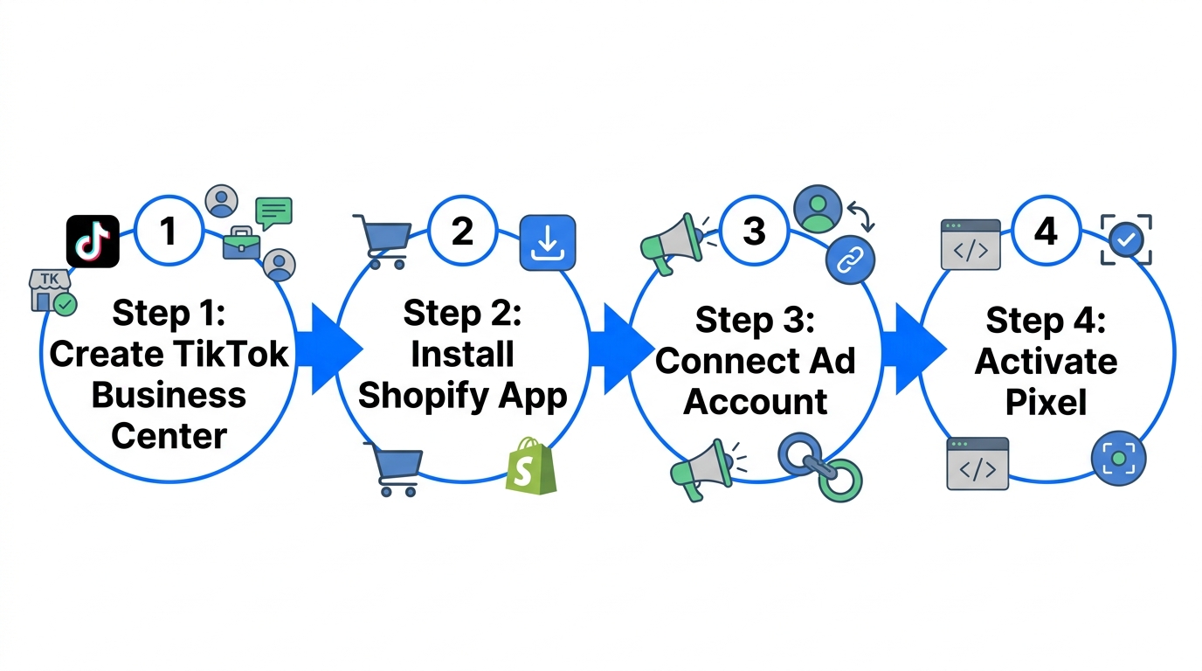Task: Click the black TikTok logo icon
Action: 93,241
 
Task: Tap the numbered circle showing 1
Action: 169,232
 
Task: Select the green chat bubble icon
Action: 273,211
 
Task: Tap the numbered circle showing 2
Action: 462,231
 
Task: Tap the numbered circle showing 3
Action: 755,231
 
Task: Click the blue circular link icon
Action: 850,260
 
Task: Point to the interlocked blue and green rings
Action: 820,465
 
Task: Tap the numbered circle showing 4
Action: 1046,231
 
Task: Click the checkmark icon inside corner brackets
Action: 1126,239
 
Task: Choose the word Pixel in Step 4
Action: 1046,402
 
